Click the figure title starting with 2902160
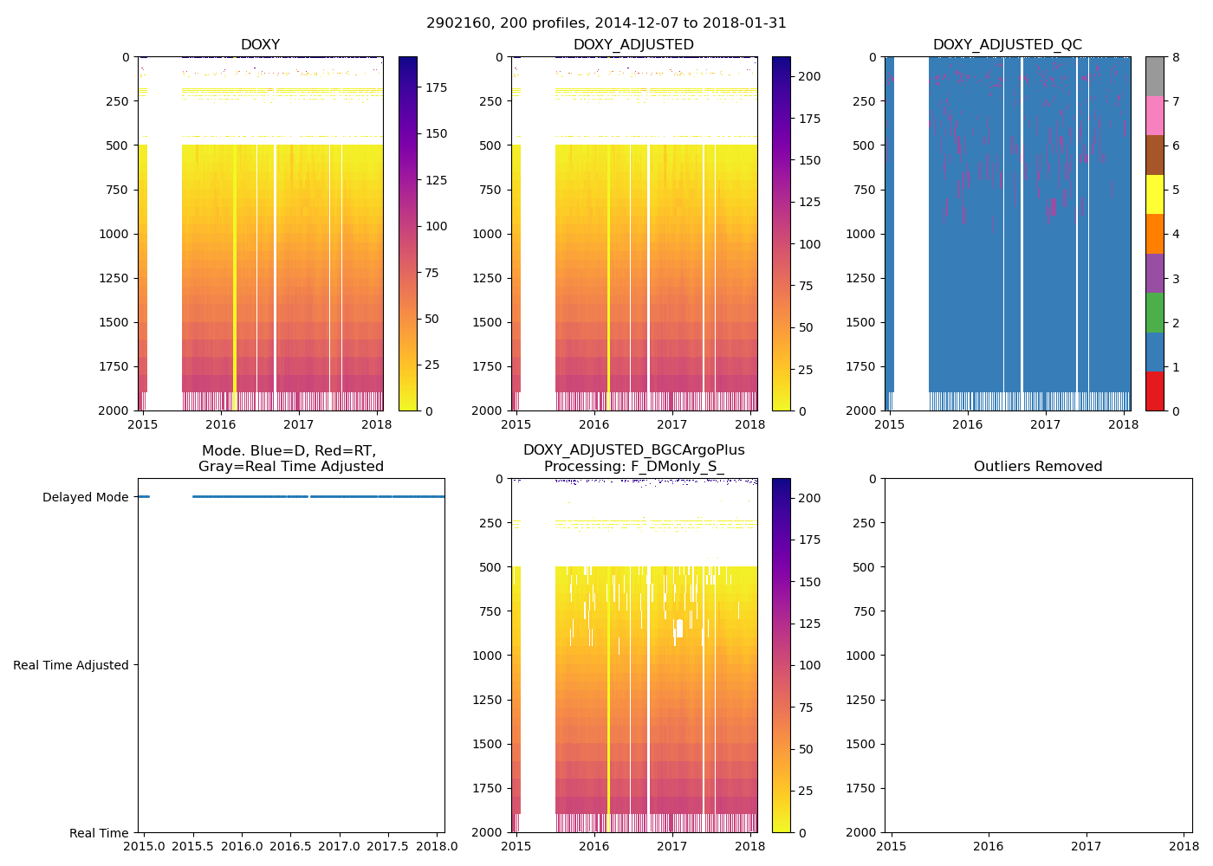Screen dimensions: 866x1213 [606, 23]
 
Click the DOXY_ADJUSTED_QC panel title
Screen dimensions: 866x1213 [1007, 45]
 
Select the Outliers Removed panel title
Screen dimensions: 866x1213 [1038, 467]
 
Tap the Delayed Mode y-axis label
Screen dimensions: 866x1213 [85, 497]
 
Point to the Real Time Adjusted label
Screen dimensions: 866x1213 [71, 665]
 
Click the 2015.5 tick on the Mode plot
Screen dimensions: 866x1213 [192, 845]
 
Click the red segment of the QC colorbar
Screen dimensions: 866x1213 [1154, 391]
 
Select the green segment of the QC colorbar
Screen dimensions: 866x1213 [1154, 313]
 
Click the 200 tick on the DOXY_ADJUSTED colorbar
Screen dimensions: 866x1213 [809, 76]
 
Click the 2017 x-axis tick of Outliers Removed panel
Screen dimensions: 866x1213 [1087, 846]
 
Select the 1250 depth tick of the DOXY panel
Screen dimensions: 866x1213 [114, 278]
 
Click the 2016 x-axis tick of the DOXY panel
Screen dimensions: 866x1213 [221, 424]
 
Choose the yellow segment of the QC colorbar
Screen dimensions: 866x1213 [1154, 195]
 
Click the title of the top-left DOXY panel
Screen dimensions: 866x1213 [260, 45]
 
